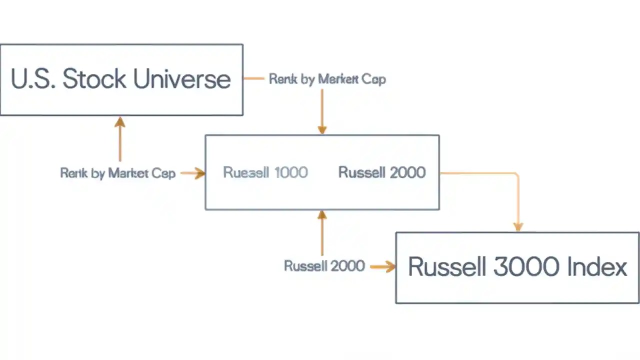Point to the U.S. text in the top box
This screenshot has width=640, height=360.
coord(33,79)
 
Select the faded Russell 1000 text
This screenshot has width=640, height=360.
coord(265,172)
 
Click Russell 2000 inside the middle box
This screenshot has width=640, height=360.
coord(382,172)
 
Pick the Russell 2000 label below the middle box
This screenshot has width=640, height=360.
coord(324,265)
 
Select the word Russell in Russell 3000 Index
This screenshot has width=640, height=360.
coord(447,266)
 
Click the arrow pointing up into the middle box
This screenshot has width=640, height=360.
coord(322,233)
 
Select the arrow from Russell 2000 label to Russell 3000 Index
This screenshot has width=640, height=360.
coord(382,266)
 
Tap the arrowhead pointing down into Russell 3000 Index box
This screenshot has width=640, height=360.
coord(518,226)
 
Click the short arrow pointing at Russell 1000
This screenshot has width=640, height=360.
coord(193,173)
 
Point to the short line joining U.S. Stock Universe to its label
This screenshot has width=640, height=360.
coord(253,78)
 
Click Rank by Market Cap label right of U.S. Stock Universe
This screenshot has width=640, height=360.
coord(327,79)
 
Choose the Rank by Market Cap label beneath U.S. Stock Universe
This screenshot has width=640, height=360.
coord(117,173)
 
